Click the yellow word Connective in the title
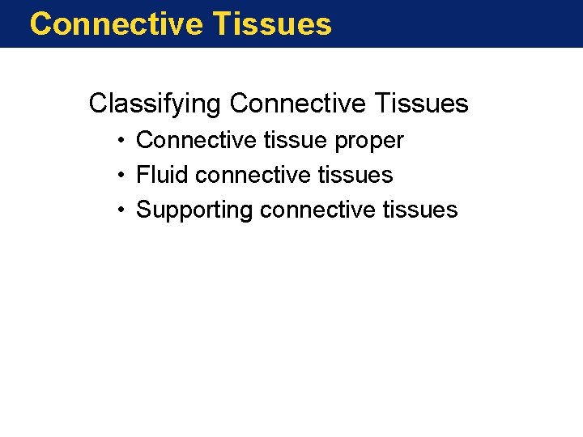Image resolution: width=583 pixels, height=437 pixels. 114,23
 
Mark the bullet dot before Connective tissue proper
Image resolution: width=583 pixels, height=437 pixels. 119,141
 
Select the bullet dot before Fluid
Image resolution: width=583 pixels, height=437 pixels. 119,176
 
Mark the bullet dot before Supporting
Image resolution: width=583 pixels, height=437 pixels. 119,210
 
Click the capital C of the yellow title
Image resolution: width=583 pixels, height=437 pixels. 40,23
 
